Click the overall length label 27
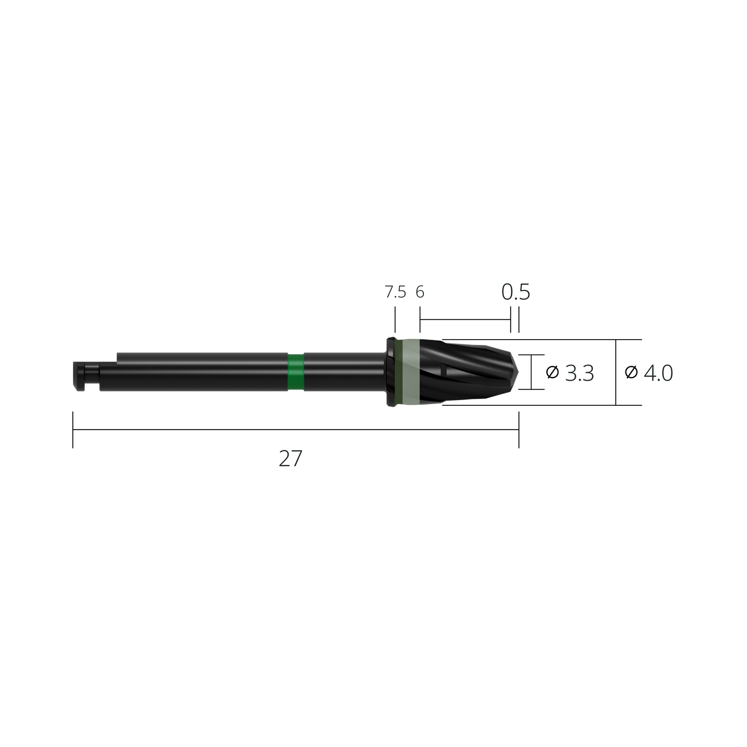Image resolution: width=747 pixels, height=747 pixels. tap(290, 459)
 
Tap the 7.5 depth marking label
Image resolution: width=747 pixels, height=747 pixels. tap(395, 293)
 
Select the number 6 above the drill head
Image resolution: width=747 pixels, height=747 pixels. tap(420, 293)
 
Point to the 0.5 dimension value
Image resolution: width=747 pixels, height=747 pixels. tap(515, 293)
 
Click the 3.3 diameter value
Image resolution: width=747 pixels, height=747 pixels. tap(580, 373)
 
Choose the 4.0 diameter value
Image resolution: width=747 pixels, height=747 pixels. tap(659, 373)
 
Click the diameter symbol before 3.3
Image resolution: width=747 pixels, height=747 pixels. tap(552, 372)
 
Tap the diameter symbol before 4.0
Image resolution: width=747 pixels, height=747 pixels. tap(631, 372)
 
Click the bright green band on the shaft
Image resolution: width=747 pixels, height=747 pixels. tap(296, 372)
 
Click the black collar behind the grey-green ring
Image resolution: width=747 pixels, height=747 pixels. tap(391, 372)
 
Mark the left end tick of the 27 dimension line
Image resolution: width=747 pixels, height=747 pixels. tap(73, 430)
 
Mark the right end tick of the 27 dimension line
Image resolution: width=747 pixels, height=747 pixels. tap(519, 430)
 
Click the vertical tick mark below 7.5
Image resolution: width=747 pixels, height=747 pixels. tap(395, 319)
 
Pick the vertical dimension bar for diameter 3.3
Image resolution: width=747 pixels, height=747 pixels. tap(531, 372)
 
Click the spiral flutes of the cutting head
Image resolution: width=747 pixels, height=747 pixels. tap(470, 372)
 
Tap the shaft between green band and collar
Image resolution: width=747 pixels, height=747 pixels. tap(344, 372)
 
